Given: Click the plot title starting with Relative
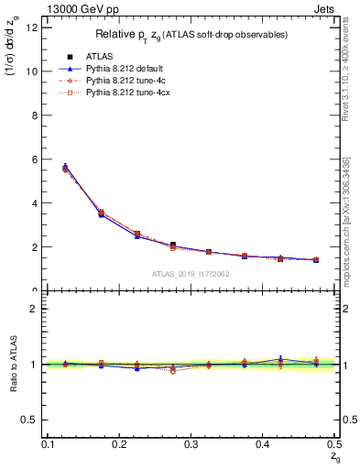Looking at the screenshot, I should click(192, 35).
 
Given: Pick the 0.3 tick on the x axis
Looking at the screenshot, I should click(191, 444).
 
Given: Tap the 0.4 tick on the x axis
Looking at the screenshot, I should click(262, 444).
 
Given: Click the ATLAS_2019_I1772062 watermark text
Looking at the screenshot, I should click(191, 274).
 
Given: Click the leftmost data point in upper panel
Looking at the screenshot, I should click(65, 168).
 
